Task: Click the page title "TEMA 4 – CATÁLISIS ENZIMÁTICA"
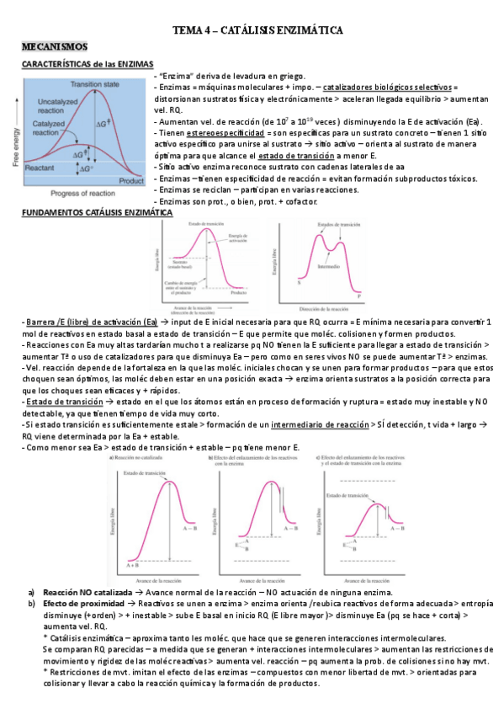point(257,30)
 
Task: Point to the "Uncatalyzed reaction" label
point(58,107)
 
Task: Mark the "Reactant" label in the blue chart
point(41,168)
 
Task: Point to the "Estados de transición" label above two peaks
point(324,225)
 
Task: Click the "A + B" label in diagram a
point(132,566)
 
